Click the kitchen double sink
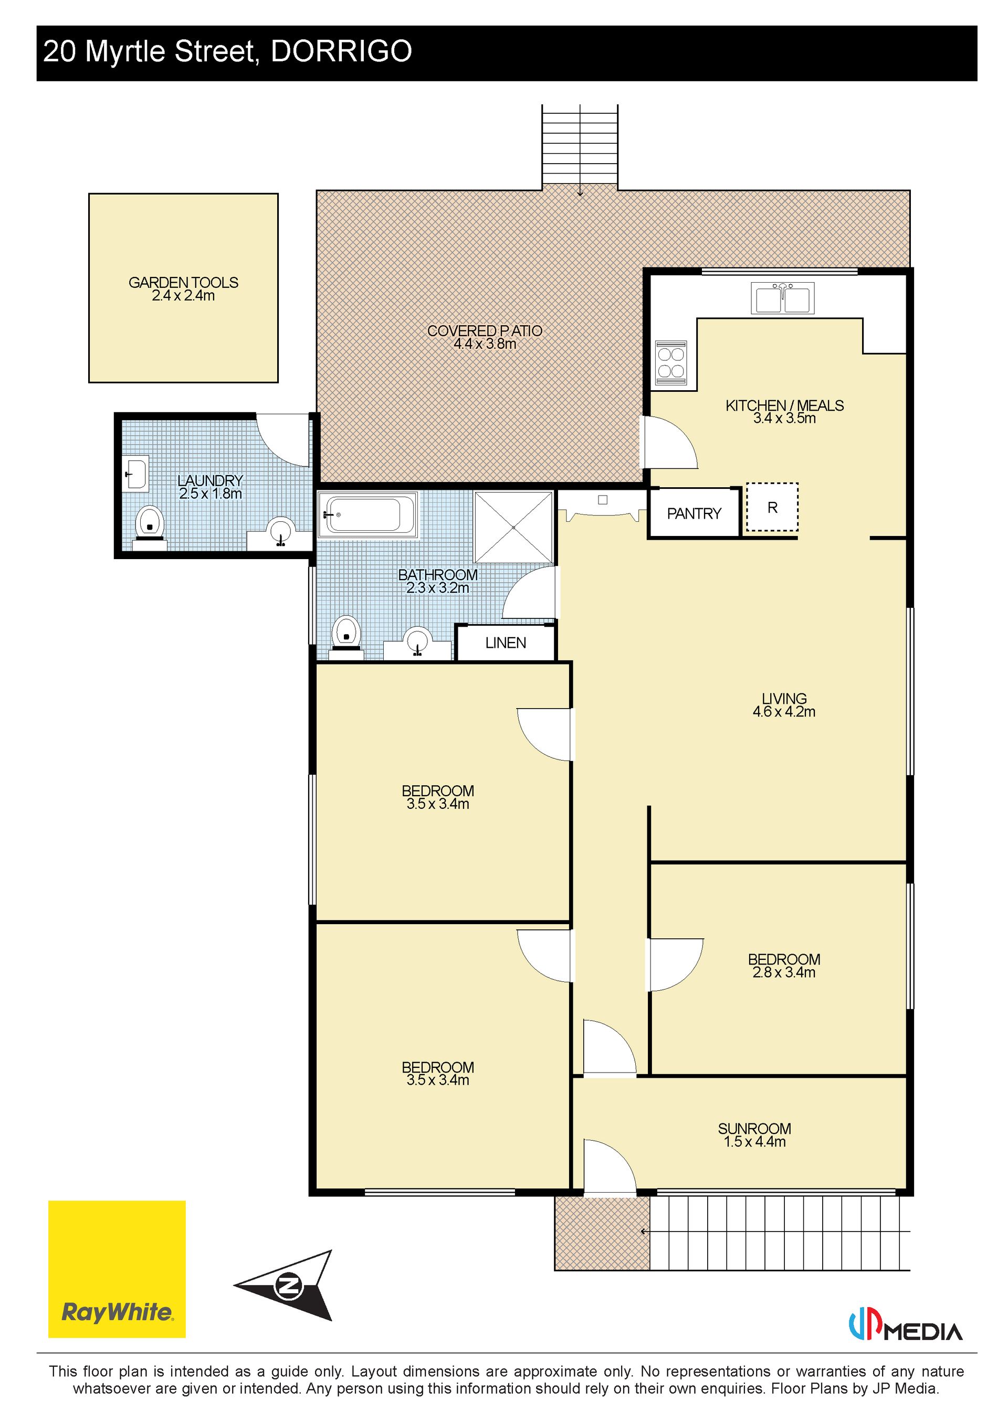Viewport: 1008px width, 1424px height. click(782, 298)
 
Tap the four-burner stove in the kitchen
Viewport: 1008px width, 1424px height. click(671, 362)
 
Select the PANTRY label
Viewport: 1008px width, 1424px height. click(694, 513)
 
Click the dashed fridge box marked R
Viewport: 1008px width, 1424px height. click(772, 507)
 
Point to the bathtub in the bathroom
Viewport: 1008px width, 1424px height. click(367, 514)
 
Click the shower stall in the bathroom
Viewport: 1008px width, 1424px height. click(513, 527)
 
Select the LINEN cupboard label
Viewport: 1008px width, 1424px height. click(505, 643)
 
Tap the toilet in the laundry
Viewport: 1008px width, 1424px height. click(150, 526)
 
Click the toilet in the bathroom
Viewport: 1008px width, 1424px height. click(346, 636)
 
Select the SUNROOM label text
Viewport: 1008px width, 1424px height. click(754, 1129)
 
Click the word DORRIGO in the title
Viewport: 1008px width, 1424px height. click(341, 51)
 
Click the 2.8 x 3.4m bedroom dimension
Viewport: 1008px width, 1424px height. click(784, 972)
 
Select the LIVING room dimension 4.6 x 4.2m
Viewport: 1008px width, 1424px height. click(784, 712)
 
